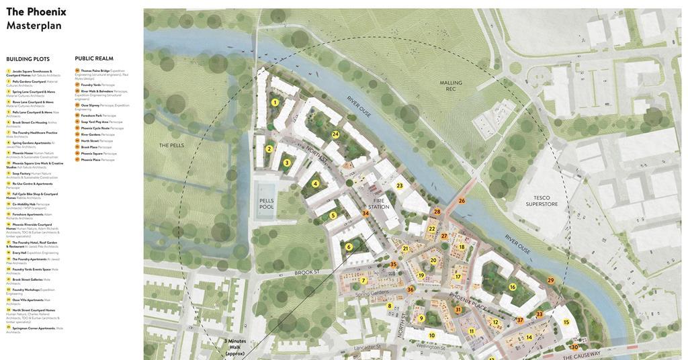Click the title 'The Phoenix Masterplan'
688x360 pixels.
point(36,18)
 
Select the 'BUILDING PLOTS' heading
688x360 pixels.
point(28,59)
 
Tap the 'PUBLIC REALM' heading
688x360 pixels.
point(94,58)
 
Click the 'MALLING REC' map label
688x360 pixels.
point(451,86)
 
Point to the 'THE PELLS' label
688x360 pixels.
point(171,145)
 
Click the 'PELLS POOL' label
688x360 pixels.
point(267,204)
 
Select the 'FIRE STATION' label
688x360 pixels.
point(379,204)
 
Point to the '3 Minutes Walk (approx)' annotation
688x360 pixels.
point(235,347)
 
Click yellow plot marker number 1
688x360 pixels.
point(275,103)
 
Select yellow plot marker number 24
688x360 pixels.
point(335,134)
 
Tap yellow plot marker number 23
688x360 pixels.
point(400,185)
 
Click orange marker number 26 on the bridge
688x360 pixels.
point(462,201)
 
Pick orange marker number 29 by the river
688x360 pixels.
point(551,281)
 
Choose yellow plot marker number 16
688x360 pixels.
point(513,287)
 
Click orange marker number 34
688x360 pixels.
point(365,213)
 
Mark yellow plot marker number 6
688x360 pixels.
point(349,246)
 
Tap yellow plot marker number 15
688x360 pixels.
point(566,322)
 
